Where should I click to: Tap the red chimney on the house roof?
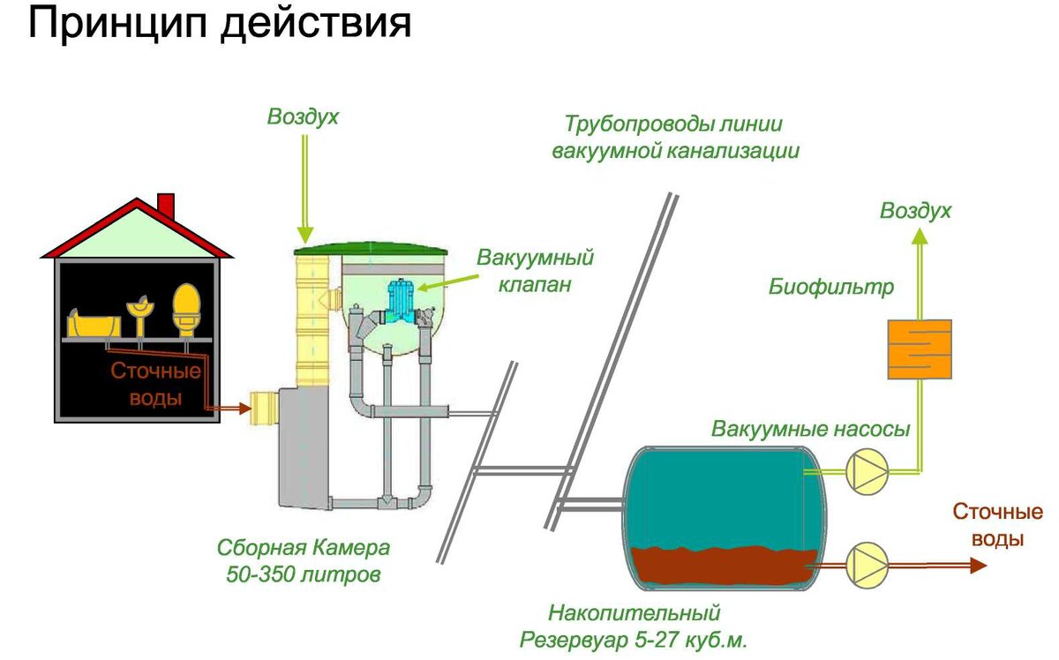point(165,205)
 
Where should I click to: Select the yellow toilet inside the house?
point(185,309)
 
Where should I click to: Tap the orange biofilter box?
point(919,349)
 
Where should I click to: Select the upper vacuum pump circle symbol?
point(865,472)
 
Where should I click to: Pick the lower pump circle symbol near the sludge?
point(865,566)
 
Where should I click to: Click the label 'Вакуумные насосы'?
point(810,430)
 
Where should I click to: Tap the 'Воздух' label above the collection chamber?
point(303,116)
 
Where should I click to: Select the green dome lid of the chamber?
point(371,249)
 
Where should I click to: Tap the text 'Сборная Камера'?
point(304,547)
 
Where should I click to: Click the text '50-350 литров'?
point(304,575)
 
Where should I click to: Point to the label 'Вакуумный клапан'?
point(535,272)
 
